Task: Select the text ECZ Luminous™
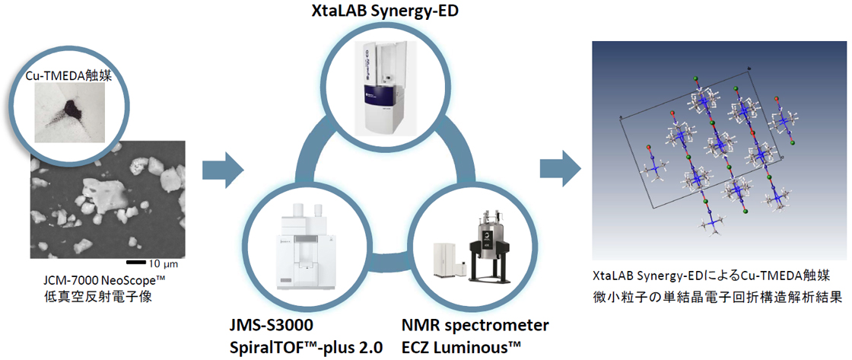[462, 348]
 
